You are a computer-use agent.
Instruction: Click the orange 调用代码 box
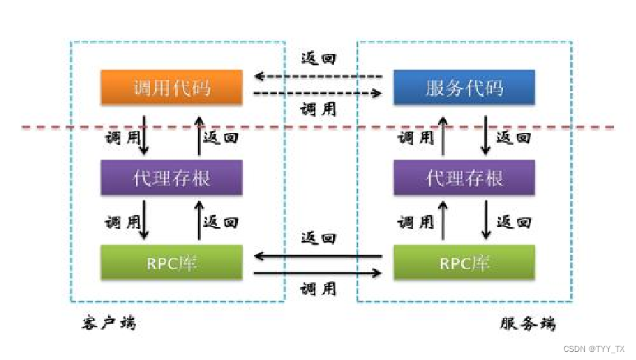click(171, 88)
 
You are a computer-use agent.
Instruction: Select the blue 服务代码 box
click(464, 88)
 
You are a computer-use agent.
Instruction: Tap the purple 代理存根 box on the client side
click(171, 177)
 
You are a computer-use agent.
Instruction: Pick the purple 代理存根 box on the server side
click(464, 177)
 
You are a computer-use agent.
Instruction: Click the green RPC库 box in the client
click(171, 263)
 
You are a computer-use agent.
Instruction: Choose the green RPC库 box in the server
click(464, 263)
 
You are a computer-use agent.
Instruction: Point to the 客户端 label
click(109, 323)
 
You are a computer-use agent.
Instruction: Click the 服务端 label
click(527, 324)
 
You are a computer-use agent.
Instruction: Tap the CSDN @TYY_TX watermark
click(593, 348)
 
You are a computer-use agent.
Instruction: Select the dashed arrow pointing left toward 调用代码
click(318, 76)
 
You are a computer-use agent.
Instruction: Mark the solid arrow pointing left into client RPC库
click(318, 257)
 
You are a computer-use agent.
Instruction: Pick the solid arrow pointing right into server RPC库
click(318, 274)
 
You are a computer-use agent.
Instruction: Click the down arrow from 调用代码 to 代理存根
click(144, 135)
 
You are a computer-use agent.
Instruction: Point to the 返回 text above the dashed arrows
click(318, 58)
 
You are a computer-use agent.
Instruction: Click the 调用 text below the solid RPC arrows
click(318, 289)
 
